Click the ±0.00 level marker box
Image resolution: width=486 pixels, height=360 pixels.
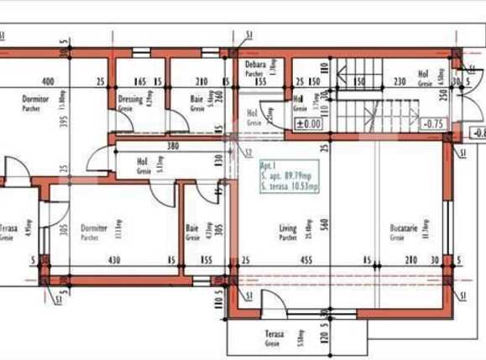[309, 123]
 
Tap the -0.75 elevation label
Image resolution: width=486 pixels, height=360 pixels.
[434, 123]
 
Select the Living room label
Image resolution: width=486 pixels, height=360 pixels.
[288, 228]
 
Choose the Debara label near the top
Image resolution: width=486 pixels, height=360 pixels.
[255, 65]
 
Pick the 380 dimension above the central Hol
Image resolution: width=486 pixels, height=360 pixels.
[172, 145]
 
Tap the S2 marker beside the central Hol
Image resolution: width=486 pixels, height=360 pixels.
[248, 152]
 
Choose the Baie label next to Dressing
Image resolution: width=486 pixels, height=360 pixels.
[196, 100]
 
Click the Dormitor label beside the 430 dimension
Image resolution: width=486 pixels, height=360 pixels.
[94, 228]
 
